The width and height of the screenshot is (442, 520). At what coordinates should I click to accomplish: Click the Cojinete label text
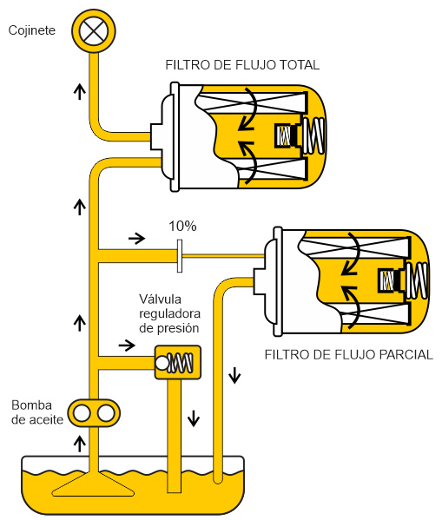click(x=32, y=30)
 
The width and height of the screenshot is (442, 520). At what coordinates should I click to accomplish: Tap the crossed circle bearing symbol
click(x=94, y=31)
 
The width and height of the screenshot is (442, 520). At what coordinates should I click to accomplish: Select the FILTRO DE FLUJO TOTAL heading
click(x=242, y=65)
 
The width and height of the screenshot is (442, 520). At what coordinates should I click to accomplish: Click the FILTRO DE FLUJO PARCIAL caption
click(x=348, y=355)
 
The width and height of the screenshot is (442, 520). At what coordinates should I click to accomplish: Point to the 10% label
click(x=182, y=227)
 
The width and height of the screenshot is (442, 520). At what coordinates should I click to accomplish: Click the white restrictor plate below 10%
click(x=180, y=256)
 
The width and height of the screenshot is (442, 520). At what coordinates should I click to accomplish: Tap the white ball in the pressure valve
click(x=162, y=363)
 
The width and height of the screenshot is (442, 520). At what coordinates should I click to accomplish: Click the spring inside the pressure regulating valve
click(x=180, y=363)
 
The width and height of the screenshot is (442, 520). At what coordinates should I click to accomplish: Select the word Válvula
click(x=161, y=299)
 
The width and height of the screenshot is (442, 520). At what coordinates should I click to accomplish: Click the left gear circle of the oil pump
click(x=82, y=413)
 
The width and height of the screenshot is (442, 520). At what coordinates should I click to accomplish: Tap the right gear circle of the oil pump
click(x=106, y=413)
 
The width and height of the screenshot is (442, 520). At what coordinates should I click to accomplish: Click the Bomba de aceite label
click(x=36, y=412)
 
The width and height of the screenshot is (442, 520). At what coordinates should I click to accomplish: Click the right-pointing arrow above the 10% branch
click(x=136, y=238)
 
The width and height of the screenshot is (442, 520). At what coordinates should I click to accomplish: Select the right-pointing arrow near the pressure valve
click(x=127, y=346)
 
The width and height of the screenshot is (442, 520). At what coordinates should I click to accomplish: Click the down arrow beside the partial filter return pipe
click(x=234, y=375)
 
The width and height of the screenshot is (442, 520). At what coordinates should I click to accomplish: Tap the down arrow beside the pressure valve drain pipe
click(x=194, y=418)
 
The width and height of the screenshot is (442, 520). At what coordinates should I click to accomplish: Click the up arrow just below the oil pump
click(x=80, y=444)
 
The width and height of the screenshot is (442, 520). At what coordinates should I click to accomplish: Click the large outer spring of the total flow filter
click(x=313, y=135)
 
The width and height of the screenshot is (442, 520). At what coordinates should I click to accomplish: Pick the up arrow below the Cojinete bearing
click(x=80, y=91)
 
